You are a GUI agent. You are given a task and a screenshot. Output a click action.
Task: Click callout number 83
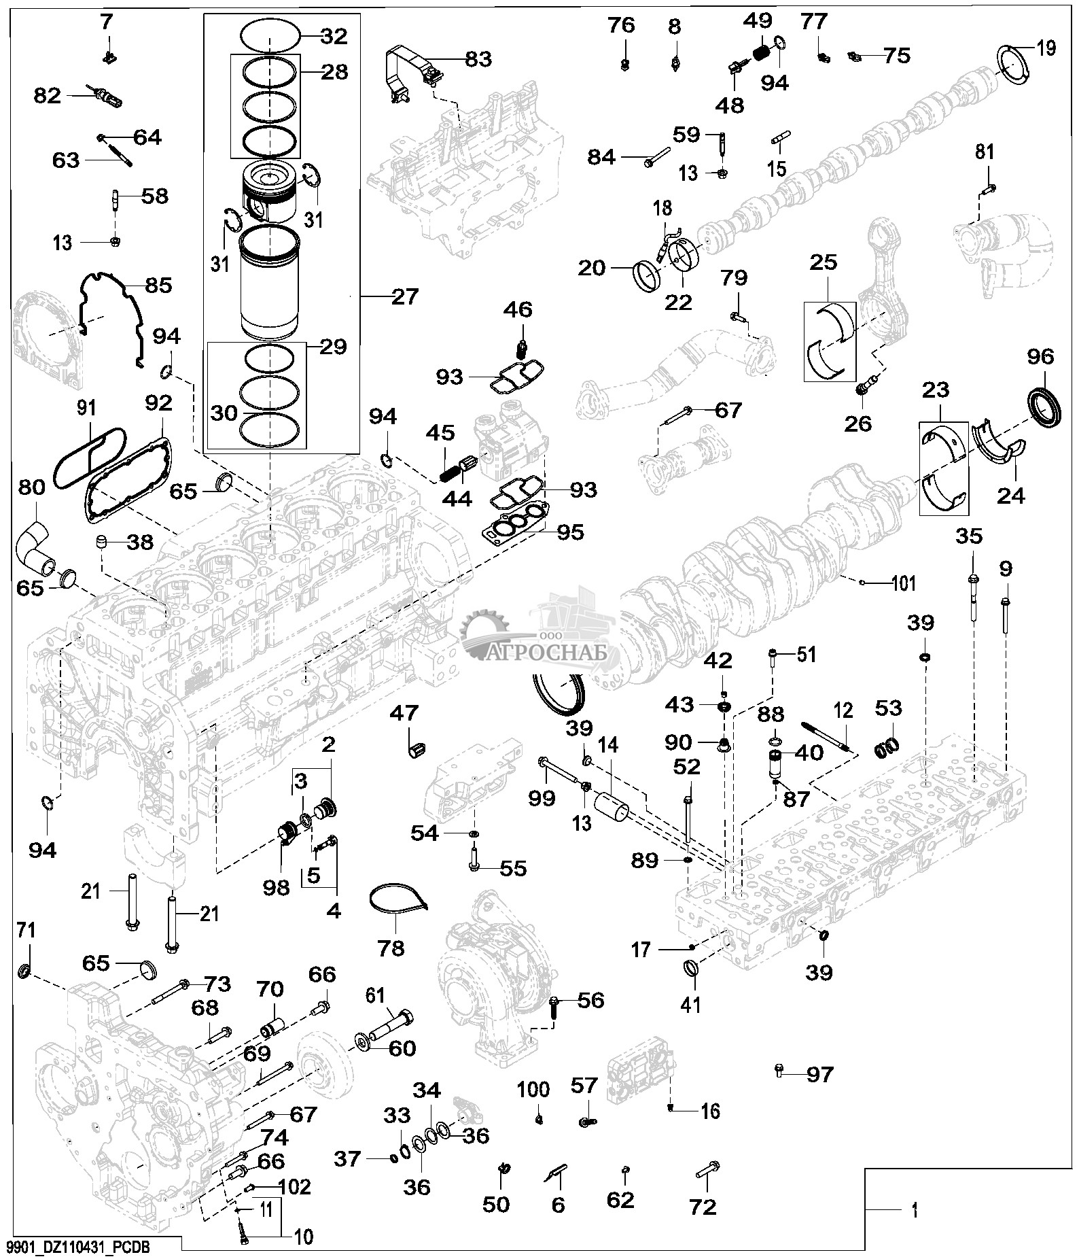pos(478,58)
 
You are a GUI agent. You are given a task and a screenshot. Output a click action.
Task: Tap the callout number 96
pos(1040,357)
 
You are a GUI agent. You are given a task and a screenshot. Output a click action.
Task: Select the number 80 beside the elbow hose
pos(32,487)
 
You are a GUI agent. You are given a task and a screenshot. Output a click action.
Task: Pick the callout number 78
pos(390,948)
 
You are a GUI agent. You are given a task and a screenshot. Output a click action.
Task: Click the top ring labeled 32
pos(269,35)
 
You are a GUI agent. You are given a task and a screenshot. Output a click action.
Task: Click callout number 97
pos(820,1075)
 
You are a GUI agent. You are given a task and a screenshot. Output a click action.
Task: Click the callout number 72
pos(703,1207)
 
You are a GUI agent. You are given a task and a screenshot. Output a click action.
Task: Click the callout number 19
pos(1046,48)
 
